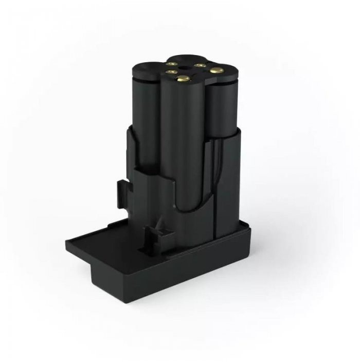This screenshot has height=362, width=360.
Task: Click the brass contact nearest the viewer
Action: [x=183, y=78]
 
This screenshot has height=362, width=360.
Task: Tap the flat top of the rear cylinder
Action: [x=188, y=57]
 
